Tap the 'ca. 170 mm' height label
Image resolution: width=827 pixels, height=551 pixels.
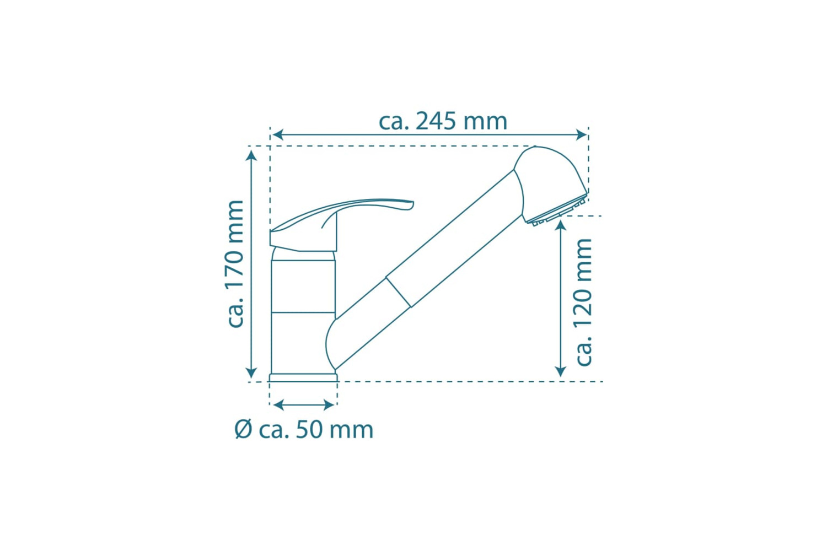pyautogui.click(x=235, y=264)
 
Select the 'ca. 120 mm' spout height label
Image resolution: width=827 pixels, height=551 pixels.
pyautogui.click(x=584, y=302)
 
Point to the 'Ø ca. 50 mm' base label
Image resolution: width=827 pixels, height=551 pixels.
pyautogui.click(x=304, y=430)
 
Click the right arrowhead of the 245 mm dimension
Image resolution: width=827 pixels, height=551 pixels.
pyautogui.click(x=581, y=134)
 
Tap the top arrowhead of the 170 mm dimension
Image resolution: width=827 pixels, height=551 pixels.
pyautogui.click(x=251, y=155)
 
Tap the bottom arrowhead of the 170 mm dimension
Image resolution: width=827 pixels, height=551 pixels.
pyautogui.click(x=251, y=372)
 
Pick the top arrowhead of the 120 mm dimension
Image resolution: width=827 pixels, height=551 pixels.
pyautogui.click(x=561, y=225)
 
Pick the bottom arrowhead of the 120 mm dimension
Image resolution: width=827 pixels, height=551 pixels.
pyautogui.click(x=561, y=371)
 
